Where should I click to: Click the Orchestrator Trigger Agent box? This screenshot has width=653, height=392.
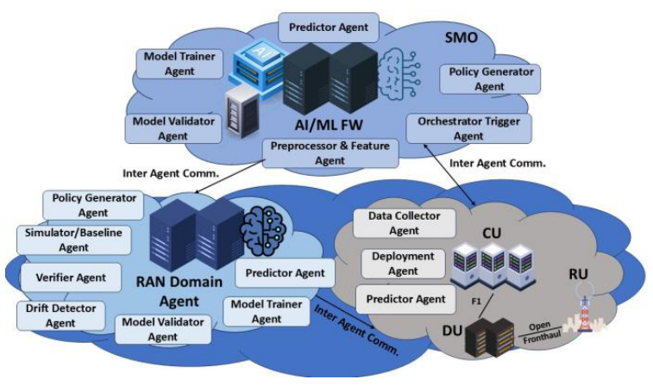tap(468, 128)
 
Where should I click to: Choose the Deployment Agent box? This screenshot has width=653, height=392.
tap(404, 264)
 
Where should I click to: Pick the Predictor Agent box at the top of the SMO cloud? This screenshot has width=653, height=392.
tap(327, 28)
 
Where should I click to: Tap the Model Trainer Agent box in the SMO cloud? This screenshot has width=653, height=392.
tap(179, 64)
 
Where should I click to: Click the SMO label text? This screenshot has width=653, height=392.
tap(461, 39)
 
